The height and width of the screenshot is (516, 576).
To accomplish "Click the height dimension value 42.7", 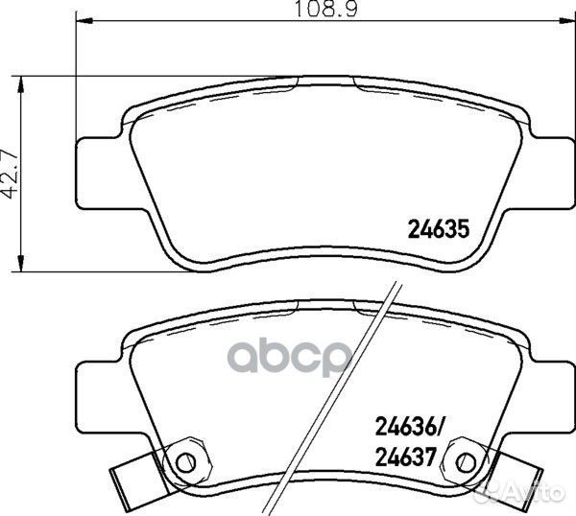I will pos(12,173).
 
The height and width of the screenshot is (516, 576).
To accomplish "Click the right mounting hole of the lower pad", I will pos(468,459).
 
